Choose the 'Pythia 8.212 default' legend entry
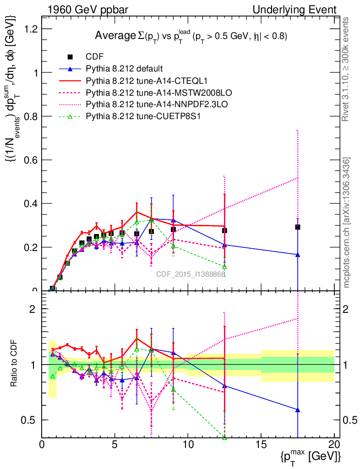click(x=124, y=69)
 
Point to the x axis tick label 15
click(x=261, y=445)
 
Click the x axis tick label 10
click(x=188, y=445)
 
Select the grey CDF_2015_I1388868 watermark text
click(x=191, y=274)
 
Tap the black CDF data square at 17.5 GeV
click(x=298, y=227)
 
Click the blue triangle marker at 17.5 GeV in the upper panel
click(x=298, y=255)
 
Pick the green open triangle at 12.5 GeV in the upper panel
click(x=224, y=267)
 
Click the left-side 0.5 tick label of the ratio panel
click(x=32, y=420)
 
